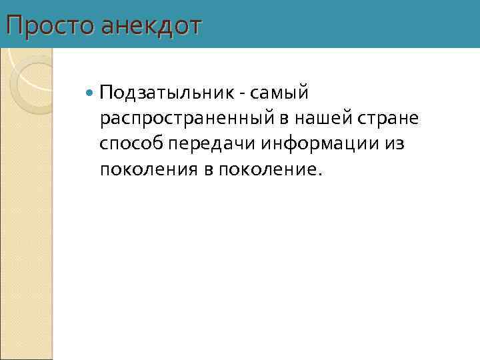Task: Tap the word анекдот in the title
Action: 151,26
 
